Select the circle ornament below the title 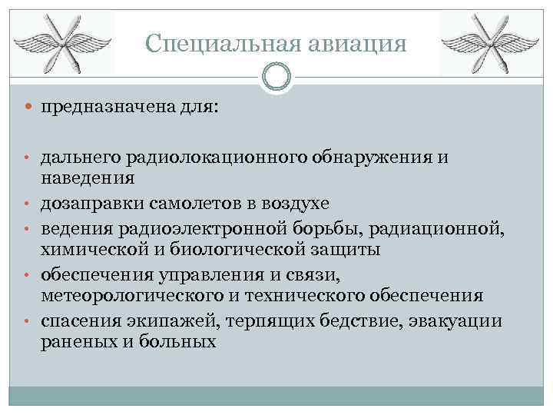click(276, 76)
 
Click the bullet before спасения click(28, 320)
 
